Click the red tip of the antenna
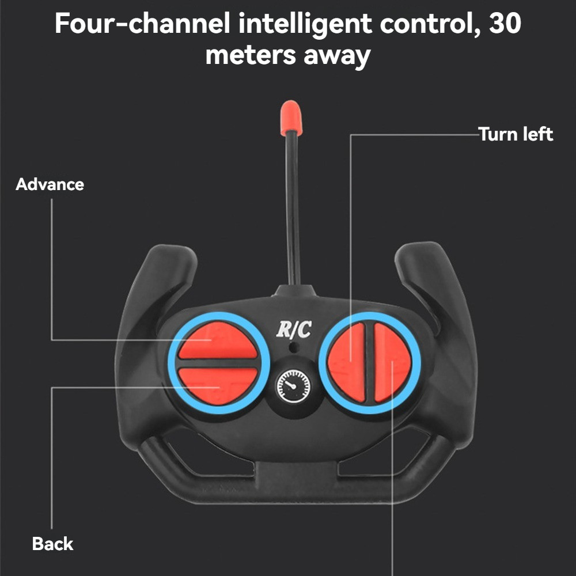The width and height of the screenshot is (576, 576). pyautogui.click(x=291, y=118)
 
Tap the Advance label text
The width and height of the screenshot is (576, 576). pyautogui.click(x=50, y=184)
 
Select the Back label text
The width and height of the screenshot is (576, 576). pyautogui.click(x=52, y=543)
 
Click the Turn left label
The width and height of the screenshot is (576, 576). pyautogui.click(x=516, y=134)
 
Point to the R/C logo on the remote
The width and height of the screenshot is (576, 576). pyautogui.click(x=294, y=329)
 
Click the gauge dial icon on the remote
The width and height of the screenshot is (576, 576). pyautogui.click(x=293, y=385)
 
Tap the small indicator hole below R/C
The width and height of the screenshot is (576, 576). pyautogui.click(x=294, y=348)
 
